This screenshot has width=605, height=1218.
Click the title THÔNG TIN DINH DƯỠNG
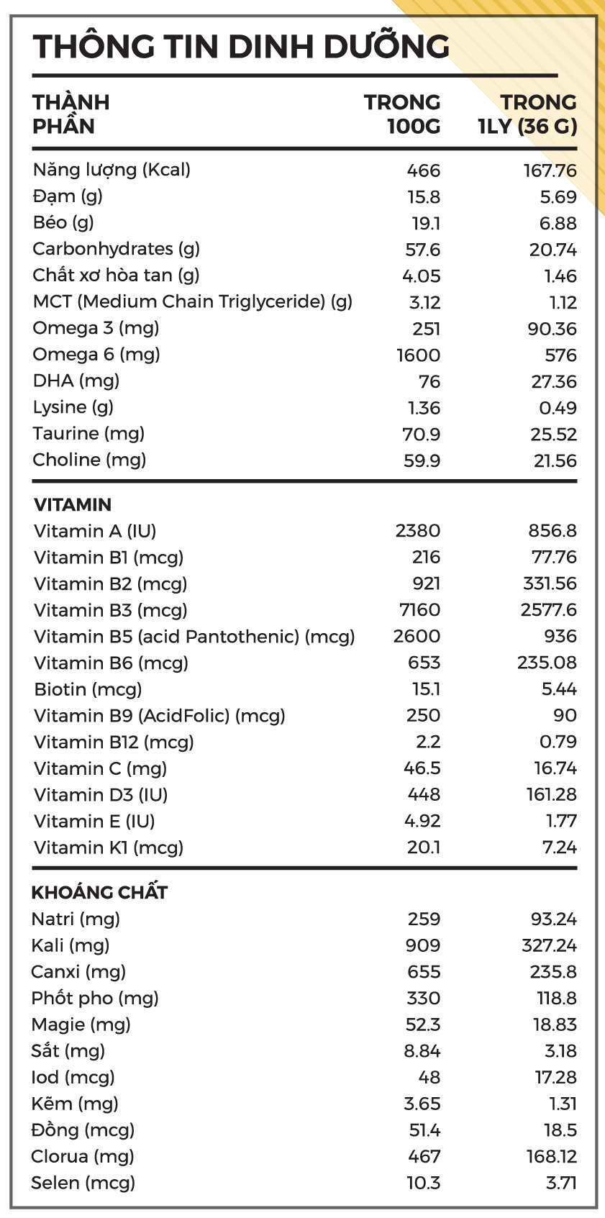pyautogui.click(x=241, y=47)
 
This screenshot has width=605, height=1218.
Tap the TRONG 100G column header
pyautogui.click(x=403, y=114)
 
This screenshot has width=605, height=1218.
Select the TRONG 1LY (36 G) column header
pyautogui.click(x=529, y=114)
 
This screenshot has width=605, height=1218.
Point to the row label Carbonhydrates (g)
pyautogui.click(x=117, y=249)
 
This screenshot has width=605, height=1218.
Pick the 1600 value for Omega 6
pyautogui.click(x=418, y=355)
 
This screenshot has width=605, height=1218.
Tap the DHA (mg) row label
pyautogui.click(x=76, y=381)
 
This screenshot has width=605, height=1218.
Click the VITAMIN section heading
pyautogui.click(x=73, y=504)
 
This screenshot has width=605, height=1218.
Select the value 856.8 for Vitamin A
pyautogui.click(x=552, y=531)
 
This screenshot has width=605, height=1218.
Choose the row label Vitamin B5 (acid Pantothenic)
pyautogui.click(x=194, y=637)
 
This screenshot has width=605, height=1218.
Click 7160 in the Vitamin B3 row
pyautogui.click(x=419, y=610)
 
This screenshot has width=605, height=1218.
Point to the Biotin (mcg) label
pyautogui.click(x=88, y=689)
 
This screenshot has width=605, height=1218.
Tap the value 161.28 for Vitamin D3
pyautogui.click(x=551, y=795)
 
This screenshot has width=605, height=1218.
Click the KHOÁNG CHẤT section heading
pyautogui.click(x=99, y=893)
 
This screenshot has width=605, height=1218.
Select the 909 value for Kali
pyautogui.click(x=423, y=945)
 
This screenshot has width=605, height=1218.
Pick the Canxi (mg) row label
pyautogui.click(x=78, y=972)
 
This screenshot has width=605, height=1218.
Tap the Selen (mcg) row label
pyautogui.click(x=83, y=1183)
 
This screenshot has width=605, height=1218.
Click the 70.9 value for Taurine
pyautogui.click(x=422, y=435)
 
